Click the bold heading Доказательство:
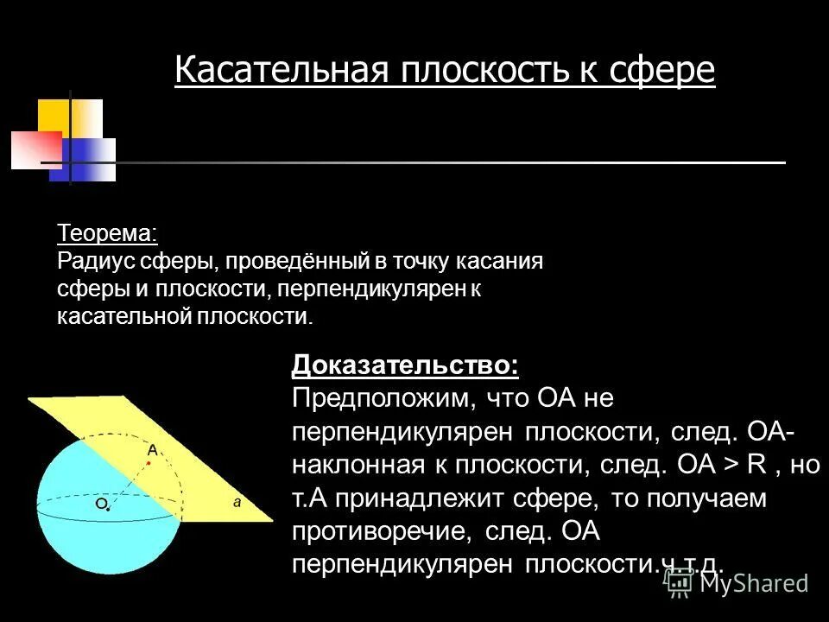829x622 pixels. pos(406,365)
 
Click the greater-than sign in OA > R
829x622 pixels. pos(731,466)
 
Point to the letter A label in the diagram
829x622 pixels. pos(152,449)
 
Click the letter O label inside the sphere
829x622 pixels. pos(101,502)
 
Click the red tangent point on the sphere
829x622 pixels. pos(149,464)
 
